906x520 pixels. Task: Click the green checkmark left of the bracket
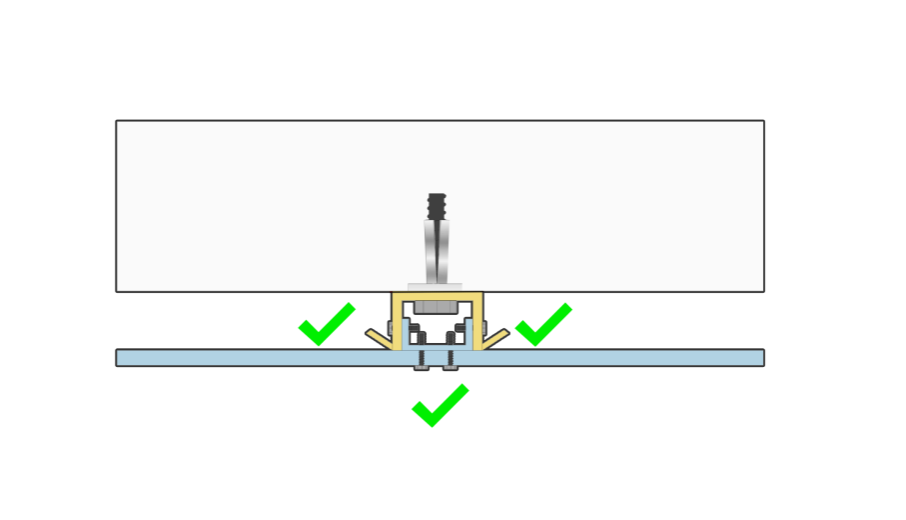[x=326, y=325]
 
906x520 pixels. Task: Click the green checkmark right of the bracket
[x=542, y=325]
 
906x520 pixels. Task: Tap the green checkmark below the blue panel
[x=440, y=405]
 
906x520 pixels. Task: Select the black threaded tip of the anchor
[x=437, y=206]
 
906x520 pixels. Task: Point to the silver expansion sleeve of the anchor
[x=437, y=250]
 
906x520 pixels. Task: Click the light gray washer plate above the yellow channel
[x=436, y=288]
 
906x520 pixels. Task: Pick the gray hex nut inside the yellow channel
[x=437, y=306]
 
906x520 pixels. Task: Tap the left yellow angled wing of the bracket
[x=379, y=337]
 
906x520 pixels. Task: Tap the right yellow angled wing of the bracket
[x=495, y=337]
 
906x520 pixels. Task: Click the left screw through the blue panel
[x=422, y=359]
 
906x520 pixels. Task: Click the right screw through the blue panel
[x=451, y=359]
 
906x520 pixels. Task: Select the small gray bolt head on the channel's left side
[x=392, y=328]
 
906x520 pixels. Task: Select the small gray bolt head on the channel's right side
[x=481, y=328]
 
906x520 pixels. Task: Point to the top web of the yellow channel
[x=437, y=296]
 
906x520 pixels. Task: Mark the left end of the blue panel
[x=119, y=358]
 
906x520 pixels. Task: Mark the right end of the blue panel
[x=761, y=358]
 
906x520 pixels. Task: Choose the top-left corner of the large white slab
[x=117, y=122]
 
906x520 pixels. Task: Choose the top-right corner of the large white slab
[x=763, y=122]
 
